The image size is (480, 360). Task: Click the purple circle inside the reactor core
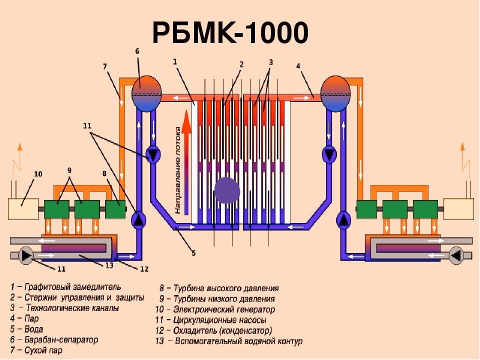(x=227, y=190)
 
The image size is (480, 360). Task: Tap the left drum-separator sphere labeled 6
(x=146, y=93)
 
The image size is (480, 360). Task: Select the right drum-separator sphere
(x=335, y=93)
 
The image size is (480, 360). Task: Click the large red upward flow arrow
(x=186, y=165)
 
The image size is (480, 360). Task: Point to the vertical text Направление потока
(x=177, y=170)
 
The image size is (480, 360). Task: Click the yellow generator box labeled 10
(x=23, y=208)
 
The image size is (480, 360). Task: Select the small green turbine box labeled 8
(x=115, y=208)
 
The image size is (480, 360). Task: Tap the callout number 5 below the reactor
(x=193, y=253)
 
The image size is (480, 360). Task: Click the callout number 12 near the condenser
(x=144, y=269)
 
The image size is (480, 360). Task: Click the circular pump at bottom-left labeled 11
(x=25, y=256)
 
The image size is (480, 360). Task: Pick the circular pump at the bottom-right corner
(x=456, y=256)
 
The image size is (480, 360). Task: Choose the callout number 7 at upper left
(x=105, y=66)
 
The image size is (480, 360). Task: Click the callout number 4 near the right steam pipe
(x=298, y=65)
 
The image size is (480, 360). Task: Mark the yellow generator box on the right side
(x=458, y=208)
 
